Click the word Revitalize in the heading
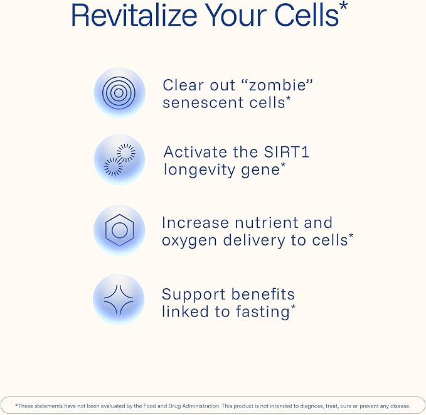pyautogui.click(x=134, y=15)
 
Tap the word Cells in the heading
pyautogui.click(x=307, y=15)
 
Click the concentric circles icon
pyautogui.click(x=119, y=93)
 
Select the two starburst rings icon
pyautogui.click(x=120, y=159)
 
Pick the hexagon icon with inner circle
pyautogui.click(x=120, y=230)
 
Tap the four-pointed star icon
pyautogui.click(x=119, y=299)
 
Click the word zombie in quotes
pyautogui.click(x=277, y=85)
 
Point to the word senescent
pyautogui.click(x=203, y=103)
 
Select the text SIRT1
pyautogui.click(x=287, y=152)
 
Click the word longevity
pyautogui.click(x=200, y=170)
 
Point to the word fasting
pyautogui.click(x=262, y=311)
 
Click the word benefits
pyautogui.click(x=263, y=294)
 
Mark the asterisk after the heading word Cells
pyautogui.click(x=344, y=6)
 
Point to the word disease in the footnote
pyautogui.click(x=400, y=406)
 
